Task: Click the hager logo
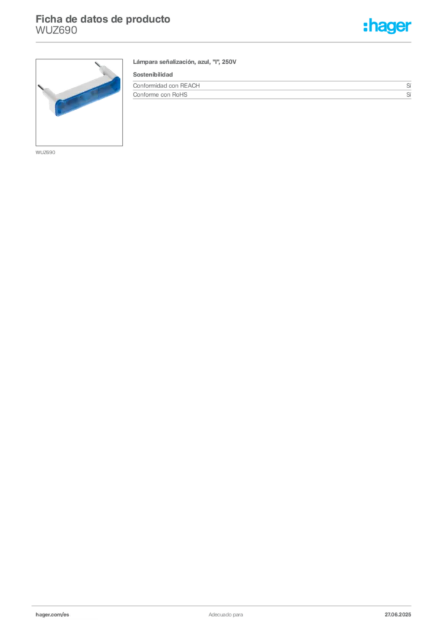(x=387, y=26)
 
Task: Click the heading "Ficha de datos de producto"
(x=103, y=19)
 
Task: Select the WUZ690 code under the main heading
(x=56, y=31)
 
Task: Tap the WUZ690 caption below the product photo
(x=45, y=152)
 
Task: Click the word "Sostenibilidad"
(x=153, y=74)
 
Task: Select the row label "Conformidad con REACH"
(x=166, y=86)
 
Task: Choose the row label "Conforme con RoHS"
(x=160, y=95)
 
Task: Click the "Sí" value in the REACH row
(x=409, y=86)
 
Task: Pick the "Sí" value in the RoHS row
(x=409, y=95)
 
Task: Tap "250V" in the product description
(x=229, y=62)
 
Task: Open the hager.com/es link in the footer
(x=53, y=615)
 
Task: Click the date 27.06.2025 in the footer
(x=398, y=615)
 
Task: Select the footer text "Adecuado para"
(x=226, y=615)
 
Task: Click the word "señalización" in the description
(x=178, y=62)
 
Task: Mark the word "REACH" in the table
(x=190, y=86)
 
